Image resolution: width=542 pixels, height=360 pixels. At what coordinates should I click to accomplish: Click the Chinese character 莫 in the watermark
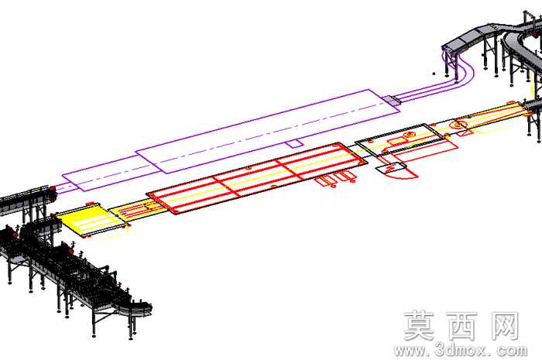(x=419, y=326)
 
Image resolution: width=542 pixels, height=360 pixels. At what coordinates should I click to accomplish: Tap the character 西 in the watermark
(x=461, y=326)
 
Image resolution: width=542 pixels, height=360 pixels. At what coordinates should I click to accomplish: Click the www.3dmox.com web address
(x=461, y=351)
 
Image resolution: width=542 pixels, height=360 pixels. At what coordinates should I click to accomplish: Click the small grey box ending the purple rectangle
(x=391, y=100)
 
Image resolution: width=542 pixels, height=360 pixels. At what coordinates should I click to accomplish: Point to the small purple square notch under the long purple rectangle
(x=295, y=144)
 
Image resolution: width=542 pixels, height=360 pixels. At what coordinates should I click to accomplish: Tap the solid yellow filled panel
(x=89, y=220)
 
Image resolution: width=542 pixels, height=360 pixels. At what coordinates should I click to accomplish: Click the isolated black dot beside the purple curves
(x=434, y=74)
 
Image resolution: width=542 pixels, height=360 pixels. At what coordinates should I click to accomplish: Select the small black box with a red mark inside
(x=391, y=168)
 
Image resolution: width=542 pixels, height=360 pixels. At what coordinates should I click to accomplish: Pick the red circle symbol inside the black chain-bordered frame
(x=410, y=134)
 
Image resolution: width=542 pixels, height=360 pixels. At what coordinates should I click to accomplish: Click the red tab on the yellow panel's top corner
(x=90, y=204)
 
